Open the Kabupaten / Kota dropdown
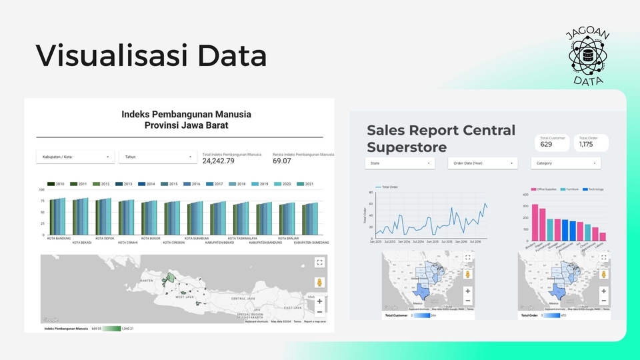[x=75, y=157]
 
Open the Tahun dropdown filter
[x=158, y=157]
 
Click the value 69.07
[x=282, y=161]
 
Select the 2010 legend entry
[x=56, y=184]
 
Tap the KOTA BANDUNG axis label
[x=59, y=238]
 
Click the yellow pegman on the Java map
[x=319, y=283]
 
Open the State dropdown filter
[x=399, y=163]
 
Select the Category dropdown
[x=566, y=163]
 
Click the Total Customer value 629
[x=547, y=144]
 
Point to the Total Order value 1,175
[x=586, y=144]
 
